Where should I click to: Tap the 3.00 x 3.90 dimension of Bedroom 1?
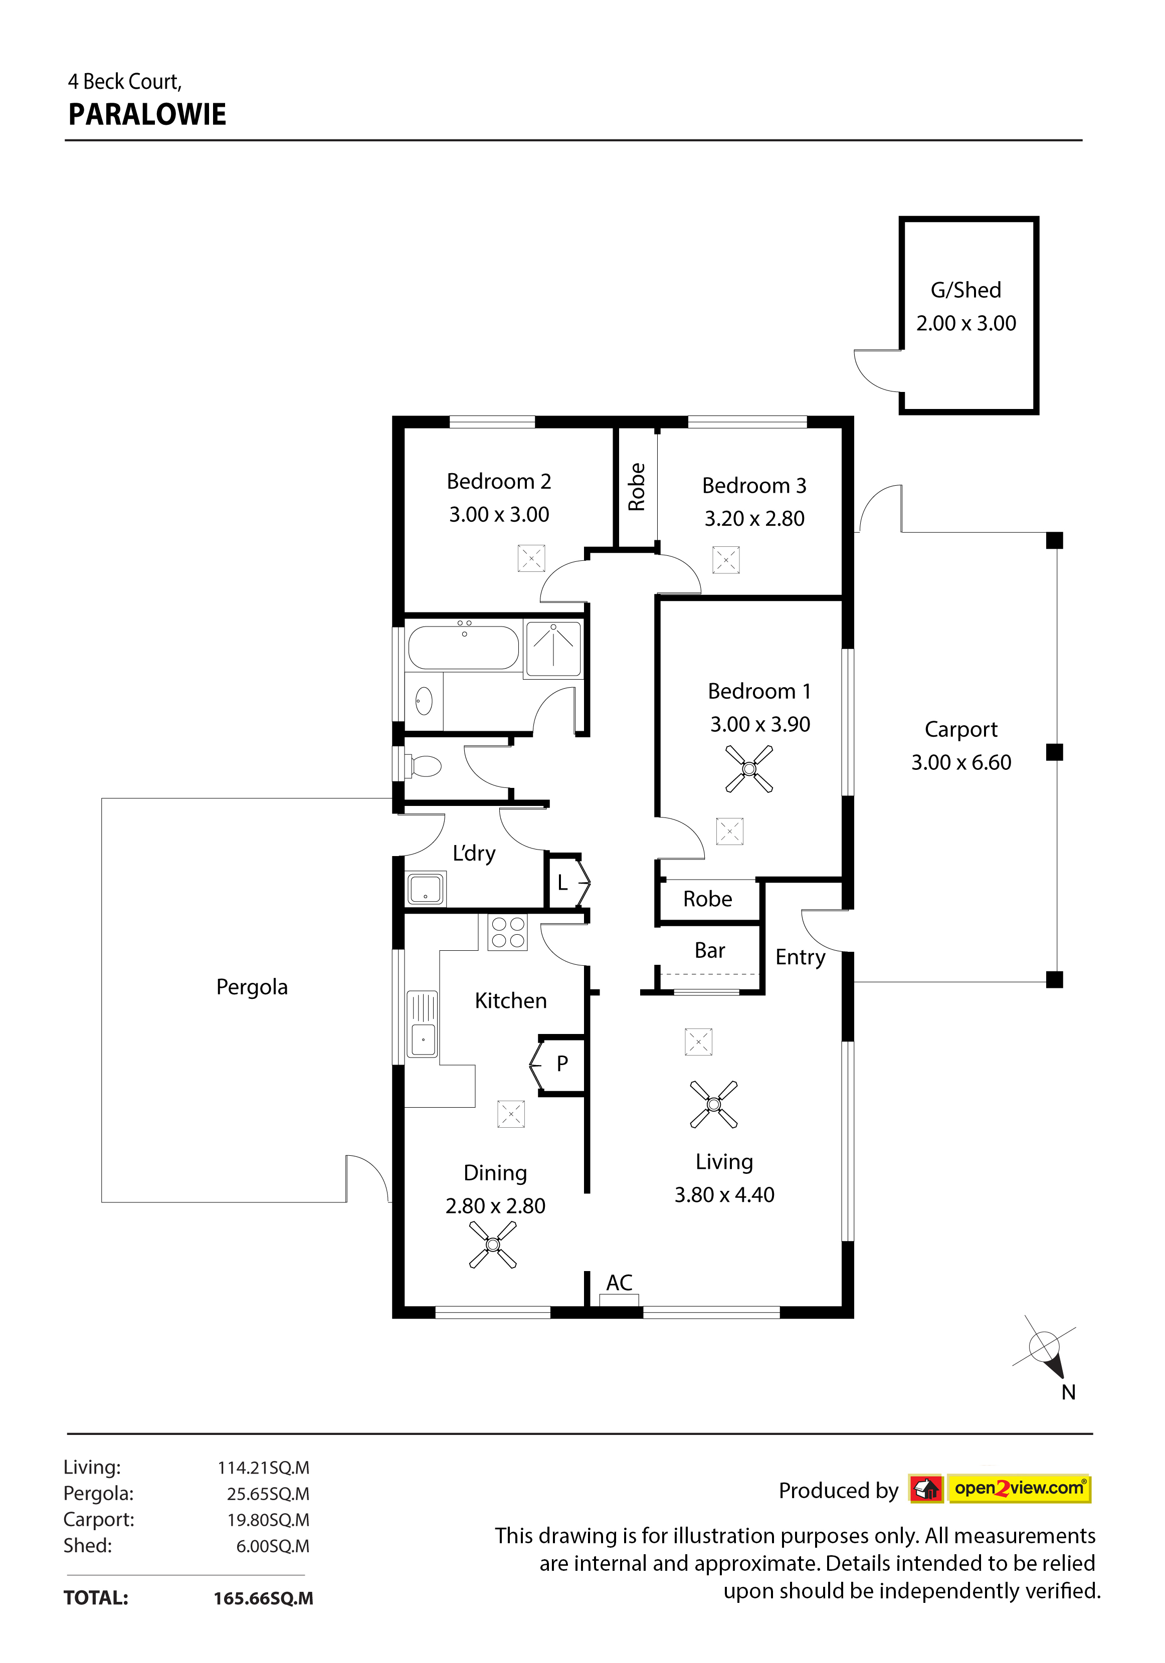coord(760,724)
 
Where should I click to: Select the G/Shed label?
coord(966,290)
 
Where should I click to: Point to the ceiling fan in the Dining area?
coord(493,1244)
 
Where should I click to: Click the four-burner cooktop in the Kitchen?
coord(508,932)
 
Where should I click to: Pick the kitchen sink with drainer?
coord(423,1023)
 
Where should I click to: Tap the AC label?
coord(620,1283)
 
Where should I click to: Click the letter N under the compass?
coord(1069,1392)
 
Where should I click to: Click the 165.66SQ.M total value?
coord(263,1598)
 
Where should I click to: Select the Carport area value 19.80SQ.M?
coord(268,1520)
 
